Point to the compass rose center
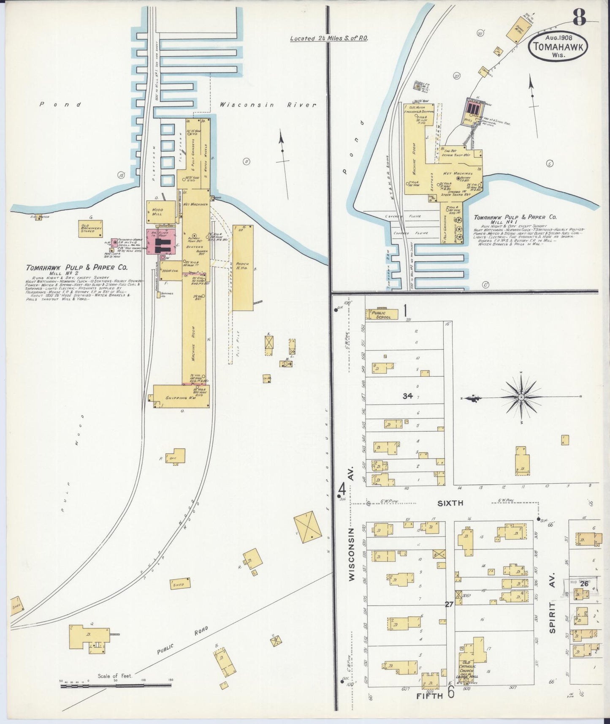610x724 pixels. [522, 397]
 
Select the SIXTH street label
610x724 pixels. [450, 503]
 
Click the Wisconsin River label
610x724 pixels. [268, 105]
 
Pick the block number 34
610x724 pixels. [407, 396]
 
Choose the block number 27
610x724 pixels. [449, 604]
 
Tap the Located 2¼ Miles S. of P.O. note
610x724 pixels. [329, 38]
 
